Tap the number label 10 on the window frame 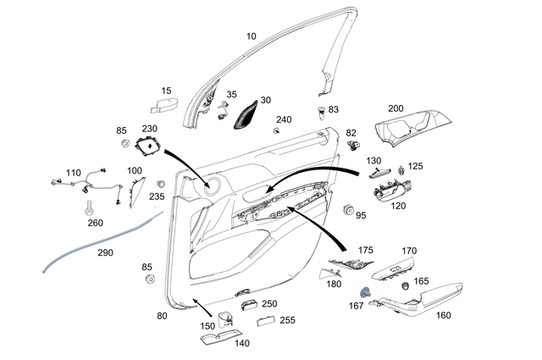point(250,36)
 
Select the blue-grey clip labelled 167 point(367,292)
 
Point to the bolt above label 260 point(87,206)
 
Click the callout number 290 point(104,252)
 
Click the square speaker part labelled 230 point(150,147)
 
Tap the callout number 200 point(395,109)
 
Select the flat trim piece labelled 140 point(218,337)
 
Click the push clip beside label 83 point(321,112)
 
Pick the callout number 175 point(365,251)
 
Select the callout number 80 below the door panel point(162,316)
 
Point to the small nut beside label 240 point(278,131)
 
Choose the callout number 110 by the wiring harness point(73,173)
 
